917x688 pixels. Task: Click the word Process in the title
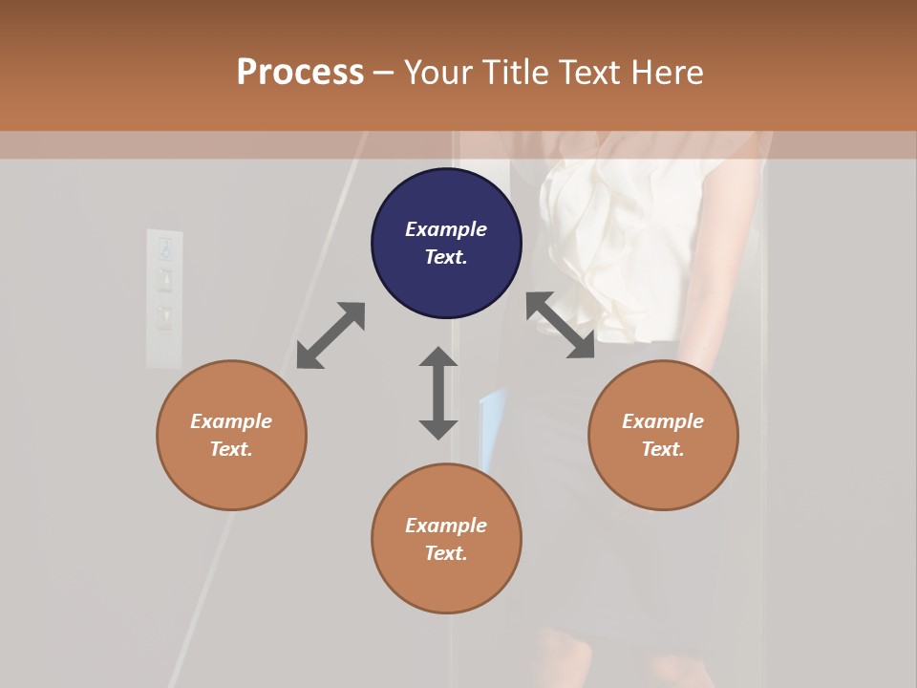pyautogui.click(x=300, y=73)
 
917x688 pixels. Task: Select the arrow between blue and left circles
pyautogui.click(x=331, y=335)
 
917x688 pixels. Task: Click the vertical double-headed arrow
pyautogui.click(x=438, y=393)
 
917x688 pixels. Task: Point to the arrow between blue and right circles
pyautogui.click(x=561, y=325)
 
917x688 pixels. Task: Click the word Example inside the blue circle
pyautogui.click(x=446, y=229)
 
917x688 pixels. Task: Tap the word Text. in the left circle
pyautogui.click(x=231, y=449)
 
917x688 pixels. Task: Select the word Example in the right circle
pyautogui.click(x=663, y=421)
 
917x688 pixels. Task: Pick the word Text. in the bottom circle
pyautogui.click(x=446, y=553)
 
